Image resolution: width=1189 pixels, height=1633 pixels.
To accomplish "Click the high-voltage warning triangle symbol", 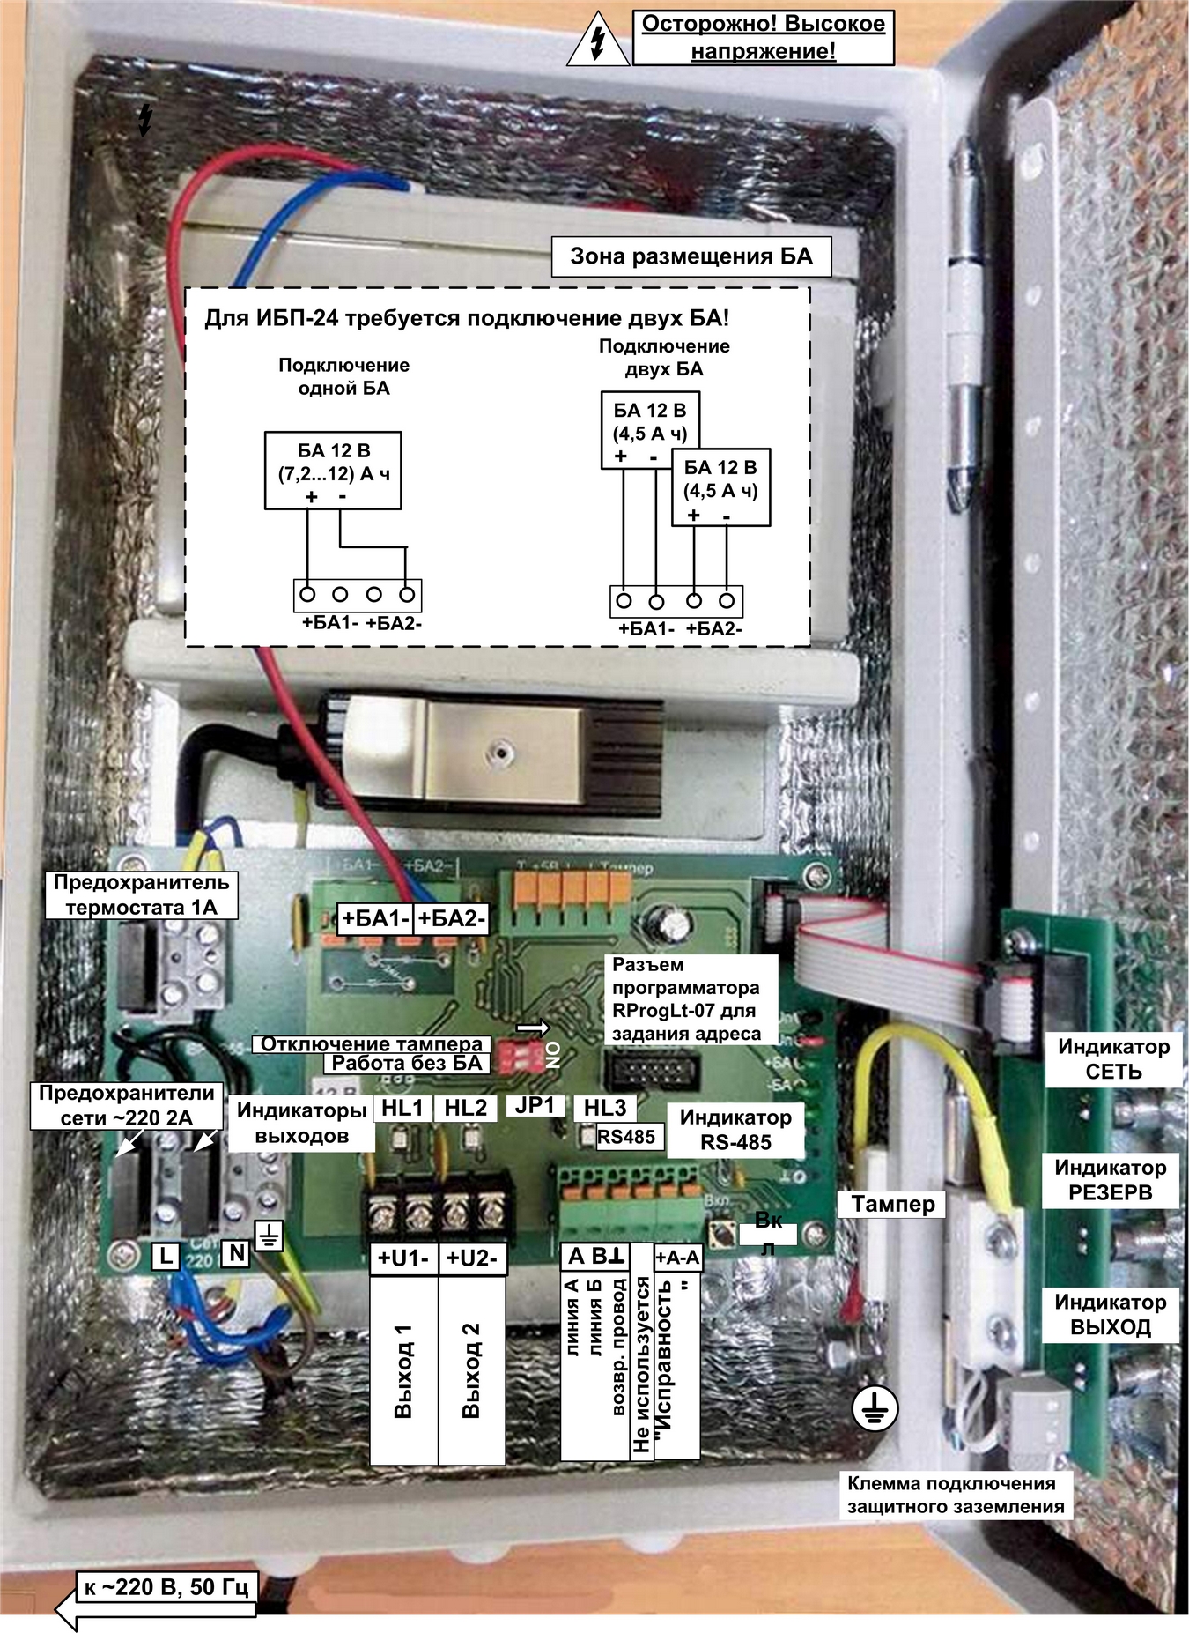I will click(x=598, y=41).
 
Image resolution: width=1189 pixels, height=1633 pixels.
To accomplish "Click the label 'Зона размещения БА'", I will click(x=691, y=256).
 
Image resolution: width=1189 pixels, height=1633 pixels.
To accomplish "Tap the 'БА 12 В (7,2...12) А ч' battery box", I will click(x=333, y=470).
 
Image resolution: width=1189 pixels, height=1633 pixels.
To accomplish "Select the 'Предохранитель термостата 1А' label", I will click(x=141, y=894).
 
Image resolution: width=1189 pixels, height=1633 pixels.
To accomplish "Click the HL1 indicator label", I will click(x=402, y=1108).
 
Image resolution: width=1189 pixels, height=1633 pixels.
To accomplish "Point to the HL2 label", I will click(x=465, y=1108).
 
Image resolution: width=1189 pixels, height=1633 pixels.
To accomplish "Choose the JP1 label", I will click(x=535, y=1105).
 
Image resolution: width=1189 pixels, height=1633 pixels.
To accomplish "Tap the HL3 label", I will click(x=604, y=1108).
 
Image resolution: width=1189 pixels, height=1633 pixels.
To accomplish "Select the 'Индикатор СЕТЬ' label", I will click(x=1113, y=1059).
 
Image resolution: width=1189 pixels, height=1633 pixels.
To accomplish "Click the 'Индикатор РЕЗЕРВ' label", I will click(x=1110, y=1180).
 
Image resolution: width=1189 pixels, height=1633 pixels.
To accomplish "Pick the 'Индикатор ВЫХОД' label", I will click(x=1110, y=1314).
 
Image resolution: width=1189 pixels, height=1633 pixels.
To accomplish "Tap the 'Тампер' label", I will click(x=892, y=1204).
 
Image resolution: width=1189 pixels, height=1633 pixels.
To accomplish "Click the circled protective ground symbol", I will click(x=875, y=1409).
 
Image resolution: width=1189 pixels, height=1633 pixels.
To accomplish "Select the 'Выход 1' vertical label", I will click(x=403, y=1369).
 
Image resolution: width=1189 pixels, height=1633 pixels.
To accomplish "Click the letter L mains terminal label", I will click(x=166, y=1255).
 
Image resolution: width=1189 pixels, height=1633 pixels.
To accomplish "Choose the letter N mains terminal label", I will click(x=236, y=1252).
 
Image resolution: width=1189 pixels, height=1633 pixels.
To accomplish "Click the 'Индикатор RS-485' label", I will click(x=735, y=1129).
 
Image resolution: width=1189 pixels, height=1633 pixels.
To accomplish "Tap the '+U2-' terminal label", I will click(x=472, y=1258).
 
